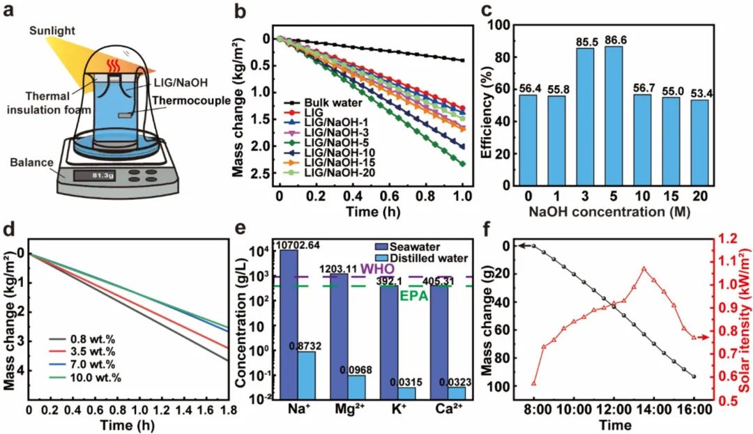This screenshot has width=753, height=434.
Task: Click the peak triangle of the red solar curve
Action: tap(644, 268)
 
